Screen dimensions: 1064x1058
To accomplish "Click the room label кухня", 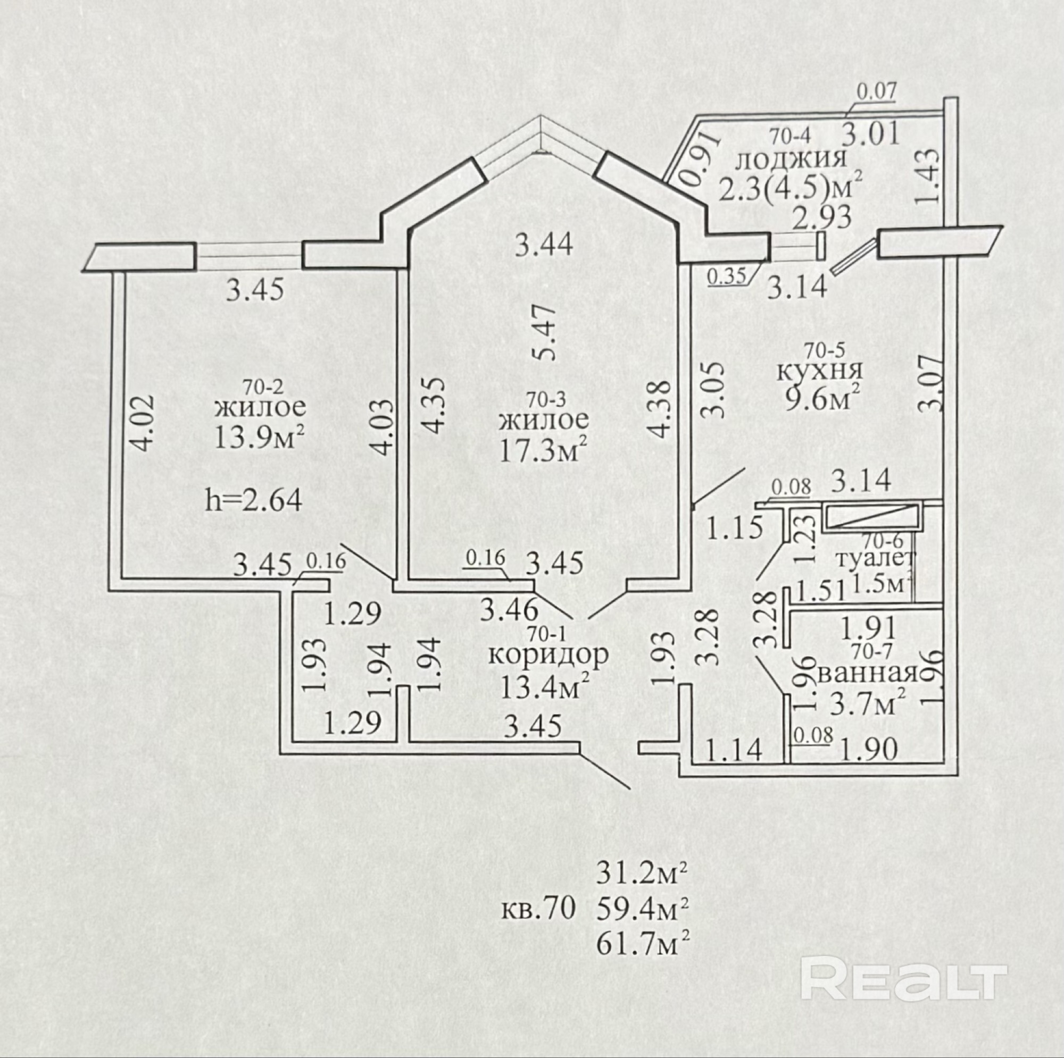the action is click(819, 371).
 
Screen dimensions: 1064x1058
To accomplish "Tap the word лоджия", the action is click(791, 159).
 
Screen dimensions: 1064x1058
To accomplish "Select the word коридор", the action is click(548, 655).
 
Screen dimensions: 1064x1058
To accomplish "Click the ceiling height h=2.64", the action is click(253, 501).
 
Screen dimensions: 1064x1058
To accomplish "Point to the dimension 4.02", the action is click(142, 423).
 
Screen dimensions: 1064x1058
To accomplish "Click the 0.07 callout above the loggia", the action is click(876, 91).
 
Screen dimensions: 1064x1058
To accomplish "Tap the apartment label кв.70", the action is click(538, 908).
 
